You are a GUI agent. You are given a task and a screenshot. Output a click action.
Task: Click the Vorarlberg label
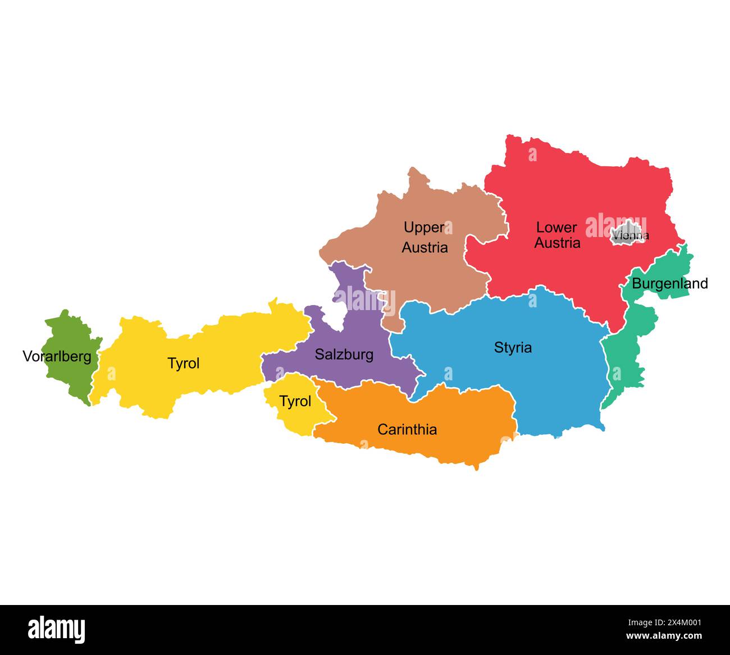tap(57, 356)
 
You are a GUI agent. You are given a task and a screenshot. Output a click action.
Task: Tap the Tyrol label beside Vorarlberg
tap(184, 363)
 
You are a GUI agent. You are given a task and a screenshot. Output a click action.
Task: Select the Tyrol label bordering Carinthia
tap(295, 401)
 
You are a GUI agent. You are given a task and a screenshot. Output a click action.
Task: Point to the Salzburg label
tap(344, 354)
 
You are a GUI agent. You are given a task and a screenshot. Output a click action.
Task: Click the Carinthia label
tap(407, 430)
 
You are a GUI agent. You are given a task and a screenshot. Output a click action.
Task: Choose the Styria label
tap(513, 348)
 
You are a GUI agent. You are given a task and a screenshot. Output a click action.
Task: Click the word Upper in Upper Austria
tap(424, 228)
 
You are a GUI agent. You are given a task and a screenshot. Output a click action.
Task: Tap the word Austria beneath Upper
tap(425, 247)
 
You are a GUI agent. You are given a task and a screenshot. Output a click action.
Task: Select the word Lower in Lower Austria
tap(556, 227)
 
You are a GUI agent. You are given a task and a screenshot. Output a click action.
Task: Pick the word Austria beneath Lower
tap(557, 243)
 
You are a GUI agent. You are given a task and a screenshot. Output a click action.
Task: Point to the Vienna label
tap(631, 235)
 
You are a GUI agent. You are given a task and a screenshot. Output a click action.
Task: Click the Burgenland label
tap(670, 284)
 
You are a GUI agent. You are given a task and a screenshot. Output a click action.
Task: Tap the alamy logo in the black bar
tap(57, 629)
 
